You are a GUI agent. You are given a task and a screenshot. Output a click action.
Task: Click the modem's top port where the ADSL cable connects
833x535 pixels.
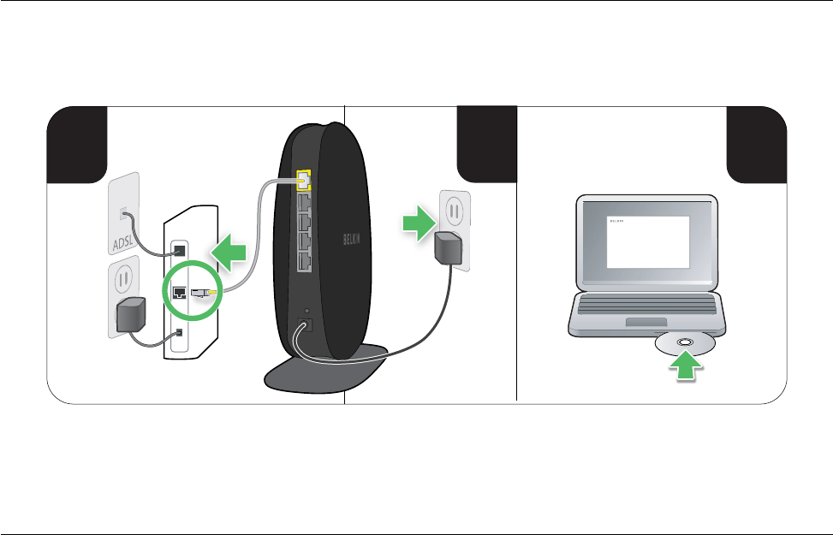(x=179, y=251)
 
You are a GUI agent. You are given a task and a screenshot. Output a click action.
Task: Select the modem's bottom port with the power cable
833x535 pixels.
(x=179, y=333)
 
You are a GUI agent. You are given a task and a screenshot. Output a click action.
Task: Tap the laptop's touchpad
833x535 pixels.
(x=646, y=321)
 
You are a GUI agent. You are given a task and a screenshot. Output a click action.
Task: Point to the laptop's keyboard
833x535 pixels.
(x=648, y=302)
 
